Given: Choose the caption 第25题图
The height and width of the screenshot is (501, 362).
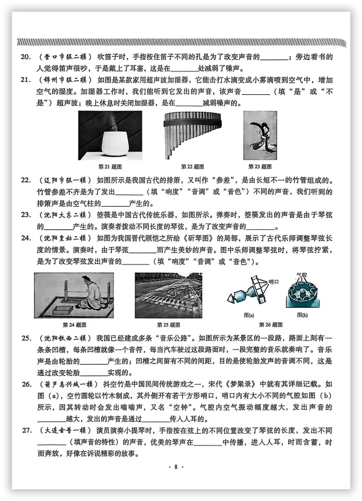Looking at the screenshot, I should [x=169, y=324].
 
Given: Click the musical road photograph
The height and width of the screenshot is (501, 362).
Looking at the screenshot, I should [x=168, y=296].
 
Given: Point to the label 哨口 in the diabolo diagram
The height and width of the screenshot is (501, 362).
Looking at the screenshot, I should [x=273, y=283].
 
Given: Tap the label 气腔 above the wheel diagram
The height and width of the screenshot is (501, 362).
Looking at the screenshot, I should [x=302, y=274].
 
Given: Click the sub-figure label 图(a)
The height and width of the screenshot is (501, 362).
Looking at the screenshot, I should [x=248, y=314].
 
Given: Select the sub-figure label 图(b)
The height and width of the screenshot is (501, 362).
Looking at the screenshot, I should [x=302, y=314].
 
